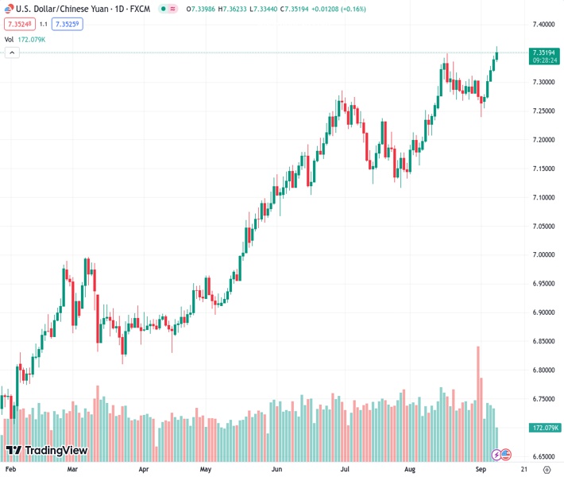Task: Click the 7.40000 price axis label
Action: [x=543, y=24]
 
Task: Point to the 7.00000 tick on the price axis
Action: [x=543, y=255]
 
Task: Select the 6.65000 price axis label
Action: [x=543, y=457]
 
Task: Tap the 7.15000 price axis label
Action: [x=543, y=169]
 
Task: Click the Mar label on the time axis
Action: [x=72, y=470]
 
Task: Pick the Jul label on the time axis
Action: [x=346, y=470]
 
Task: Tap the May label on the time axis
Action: [x=206, y=470]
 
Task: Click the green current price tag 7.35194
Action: [x=544, y=52]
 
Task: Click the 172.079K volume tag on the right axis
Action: [x=544, y=428]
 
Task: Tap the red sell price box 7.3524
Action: [x=19, y=24]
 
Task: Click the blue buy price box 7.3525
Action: [x=68, y=24]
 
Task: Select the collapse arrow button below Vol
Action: [x=12, y=52]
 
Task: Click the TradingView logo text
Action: [x=56, y=451]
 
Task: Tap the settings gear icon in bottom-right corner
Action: [x=546, y=470]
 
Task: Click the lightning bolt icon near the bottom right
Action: [x=496, y=455]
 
